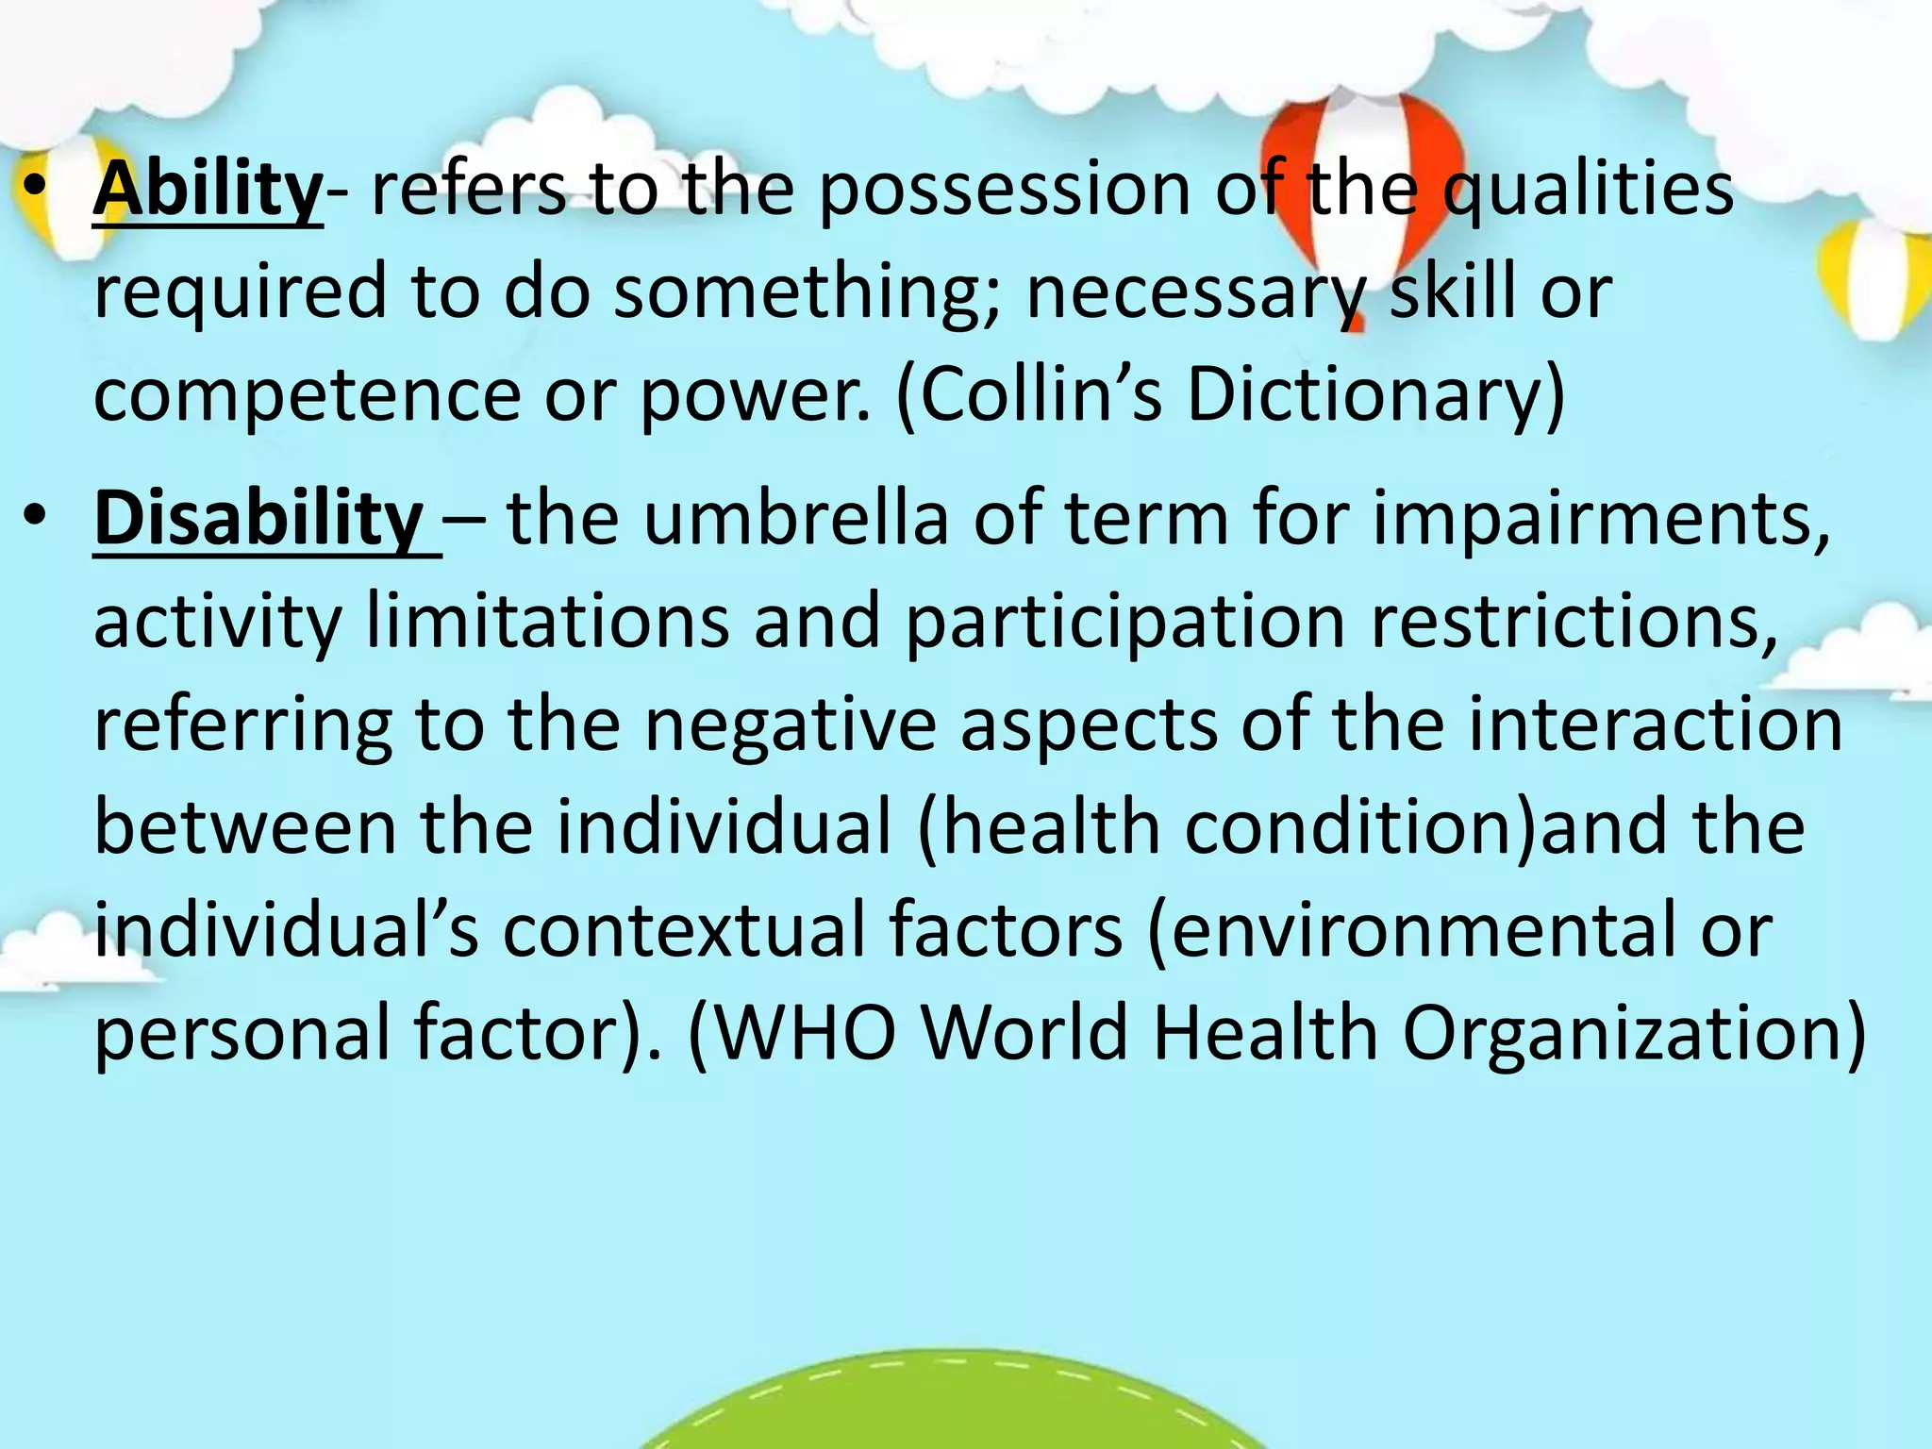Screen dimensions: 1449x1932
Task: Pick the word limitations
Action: [547, 622]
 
